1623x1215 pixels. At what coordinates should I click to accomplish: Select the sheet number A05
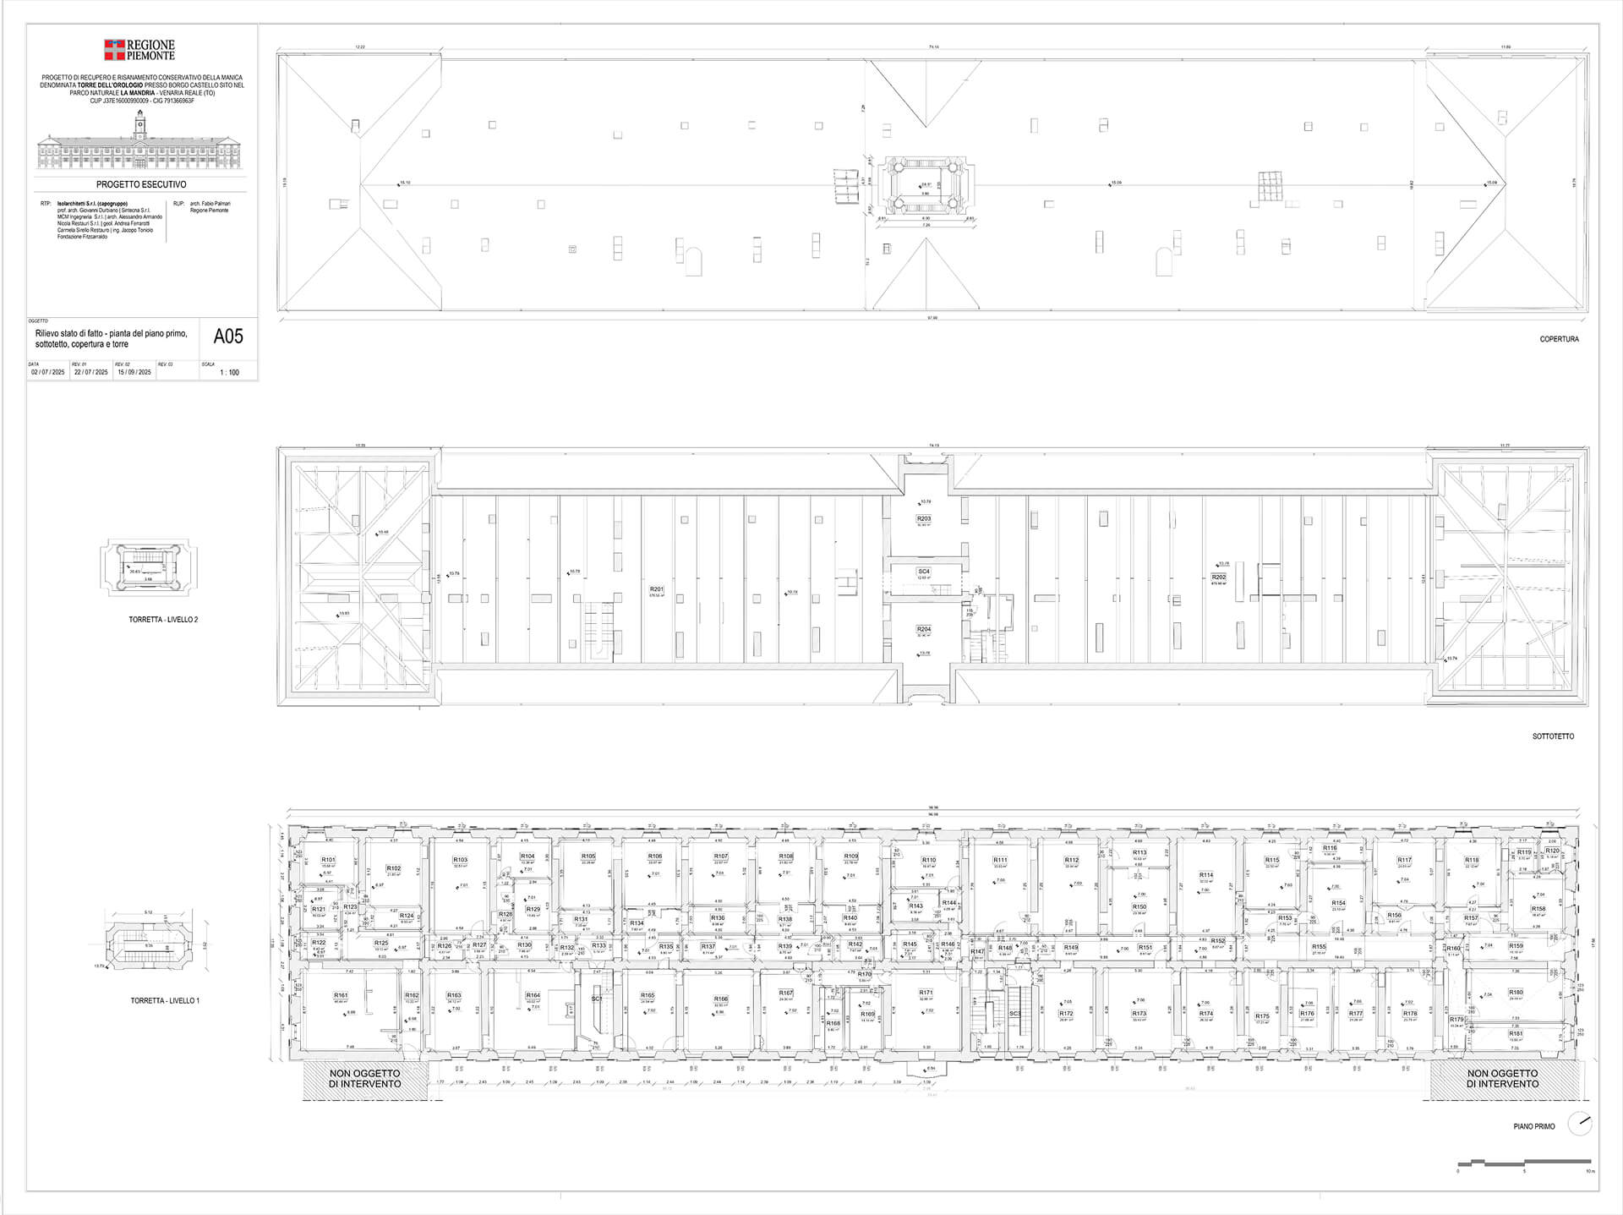(x=227, y=337)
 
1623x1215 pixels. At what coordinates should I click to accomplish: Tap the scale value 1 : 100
(x=229, y=372)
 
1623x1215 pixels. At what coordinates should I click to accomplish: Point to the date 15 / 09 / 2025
(x=134, y=372)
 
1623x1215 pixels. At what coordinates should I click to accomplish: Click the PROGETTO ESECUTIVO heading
(x=141, y=184)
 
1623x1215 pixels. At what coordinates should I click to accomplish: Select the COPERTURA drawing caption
(x=1559, y=339)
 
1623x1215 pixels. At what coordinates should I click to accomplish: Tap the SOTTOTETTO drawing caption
(x=1553, y=736)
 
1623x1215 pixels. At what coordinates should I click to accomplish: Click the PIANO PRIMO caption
(x=1533, y=1126)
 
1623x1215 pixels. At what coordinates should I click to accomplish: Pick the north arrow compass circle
(x=1579, y=1124)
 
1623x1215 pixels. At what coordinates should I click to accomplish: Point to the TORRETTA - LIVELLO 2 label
(x=163, y=620)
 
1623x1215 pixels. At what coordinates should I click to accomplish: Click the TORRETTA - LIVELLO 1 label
(x=164, y=1001)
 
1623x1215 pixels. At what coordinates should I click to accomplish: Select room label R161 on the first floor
(x=341, y=995)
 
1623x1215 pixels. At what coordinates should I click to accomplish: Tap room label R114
(x=1206, y=875)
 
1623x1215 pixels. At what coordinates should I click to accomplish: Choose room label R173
(x=1139, y=1013)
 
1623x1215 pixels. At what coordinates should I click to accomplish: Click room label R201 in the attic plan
(x=657, y=589)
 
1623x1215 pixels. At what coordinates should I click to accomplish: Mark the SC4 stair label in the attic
(x=923, y=572)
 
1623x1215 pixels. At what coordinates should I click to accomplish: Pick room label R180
(x=1515, y=993)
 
